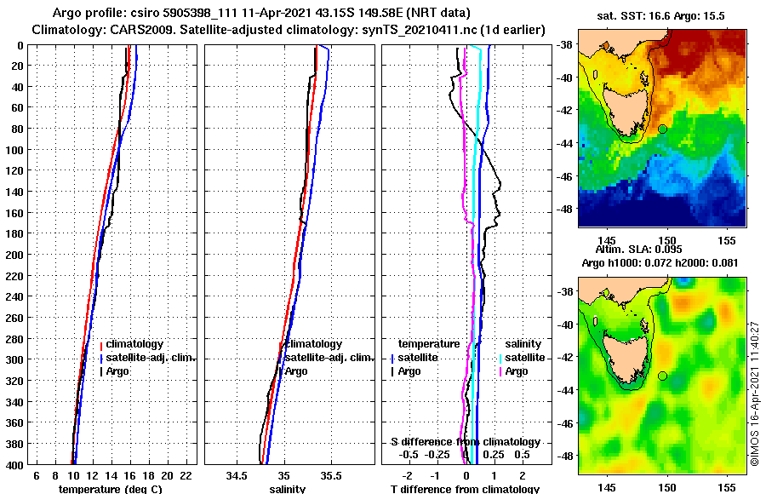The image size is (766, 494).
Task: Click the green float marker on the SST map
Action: tap(662, 129)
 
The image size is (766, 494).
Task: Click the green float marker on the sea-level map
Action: tap(662, 376)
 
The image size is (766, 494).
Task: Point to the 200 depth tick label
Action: tap(14, 255)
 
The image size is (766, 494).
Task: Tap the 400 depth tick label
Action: tap(14, 465)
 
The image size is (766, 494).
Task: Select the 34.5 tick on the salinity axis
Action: tap(238, 475)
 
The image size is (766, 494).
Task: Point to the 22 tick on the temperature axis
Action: tap(186, 475)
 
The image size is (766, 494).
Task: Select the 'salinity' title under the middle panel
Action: tap(288, 489)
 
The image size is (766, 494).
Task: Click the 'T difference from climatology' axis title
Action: tap(465, 489)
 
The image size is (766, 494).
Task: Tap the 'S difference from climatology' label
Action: tap(465, 442)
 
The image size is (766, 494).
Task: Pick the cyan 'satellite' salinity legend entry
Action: tap(526, 358)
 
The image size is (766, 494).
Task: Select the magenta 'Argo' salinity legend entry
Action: tap(516, 371)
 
